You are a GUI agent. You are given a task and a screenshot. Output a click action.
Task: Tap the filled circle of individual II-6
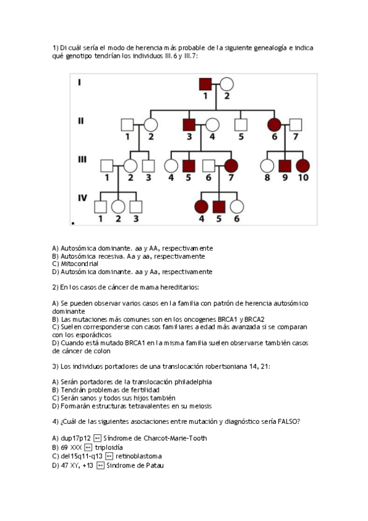coord(274,124)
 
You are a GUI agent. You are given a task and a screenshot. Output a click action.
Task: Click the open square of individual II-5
coord(241,124)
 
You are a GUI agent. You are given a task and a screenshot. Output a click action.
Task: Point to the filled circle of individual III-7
coord(232,166)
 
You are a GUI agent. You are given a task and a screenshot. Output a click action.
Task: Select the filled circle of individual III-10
coord(302,166)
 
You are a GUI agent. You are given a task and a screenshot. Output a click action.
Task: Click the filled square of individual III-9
coord(284,166)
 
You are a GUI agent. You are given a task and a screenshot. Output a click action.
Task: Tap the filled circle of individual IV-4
coord(201,207)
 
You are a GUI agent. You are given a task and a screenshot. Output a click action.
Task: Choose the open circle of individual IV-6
coord(237,207)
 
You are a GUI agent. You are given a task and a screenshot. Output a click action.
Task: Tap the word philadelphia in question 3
coord(192,382)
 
